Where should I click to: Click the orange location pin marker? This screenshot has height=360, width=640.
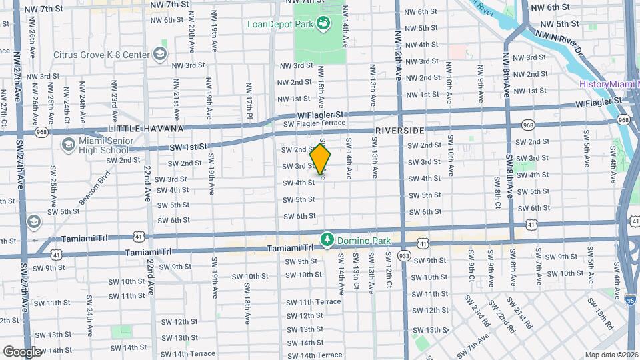coord(321,160)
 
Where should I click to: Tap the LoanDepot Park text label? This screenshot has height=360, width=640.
coord(279,25)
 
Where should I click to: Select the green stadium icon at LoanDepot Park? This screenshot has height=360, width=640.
coord(323,25)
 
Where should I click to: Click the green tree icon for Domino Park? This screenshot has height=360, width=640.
coord(327,239)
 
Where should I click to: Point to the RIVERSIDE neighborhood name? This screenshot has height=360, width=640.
coord(399,130)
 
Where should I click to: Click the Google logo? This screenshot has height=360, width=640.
coord(22,351)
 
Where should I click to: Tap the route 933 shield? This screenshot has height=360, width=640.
coord(404,255)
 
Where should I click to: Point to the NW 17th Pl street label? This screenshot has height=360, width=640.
coord(249,98)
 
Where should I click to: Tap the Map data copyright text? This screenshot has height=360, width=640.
coord(611,355)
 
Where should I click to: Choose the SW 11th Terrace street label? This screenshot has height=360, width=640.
coord(314,302)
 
